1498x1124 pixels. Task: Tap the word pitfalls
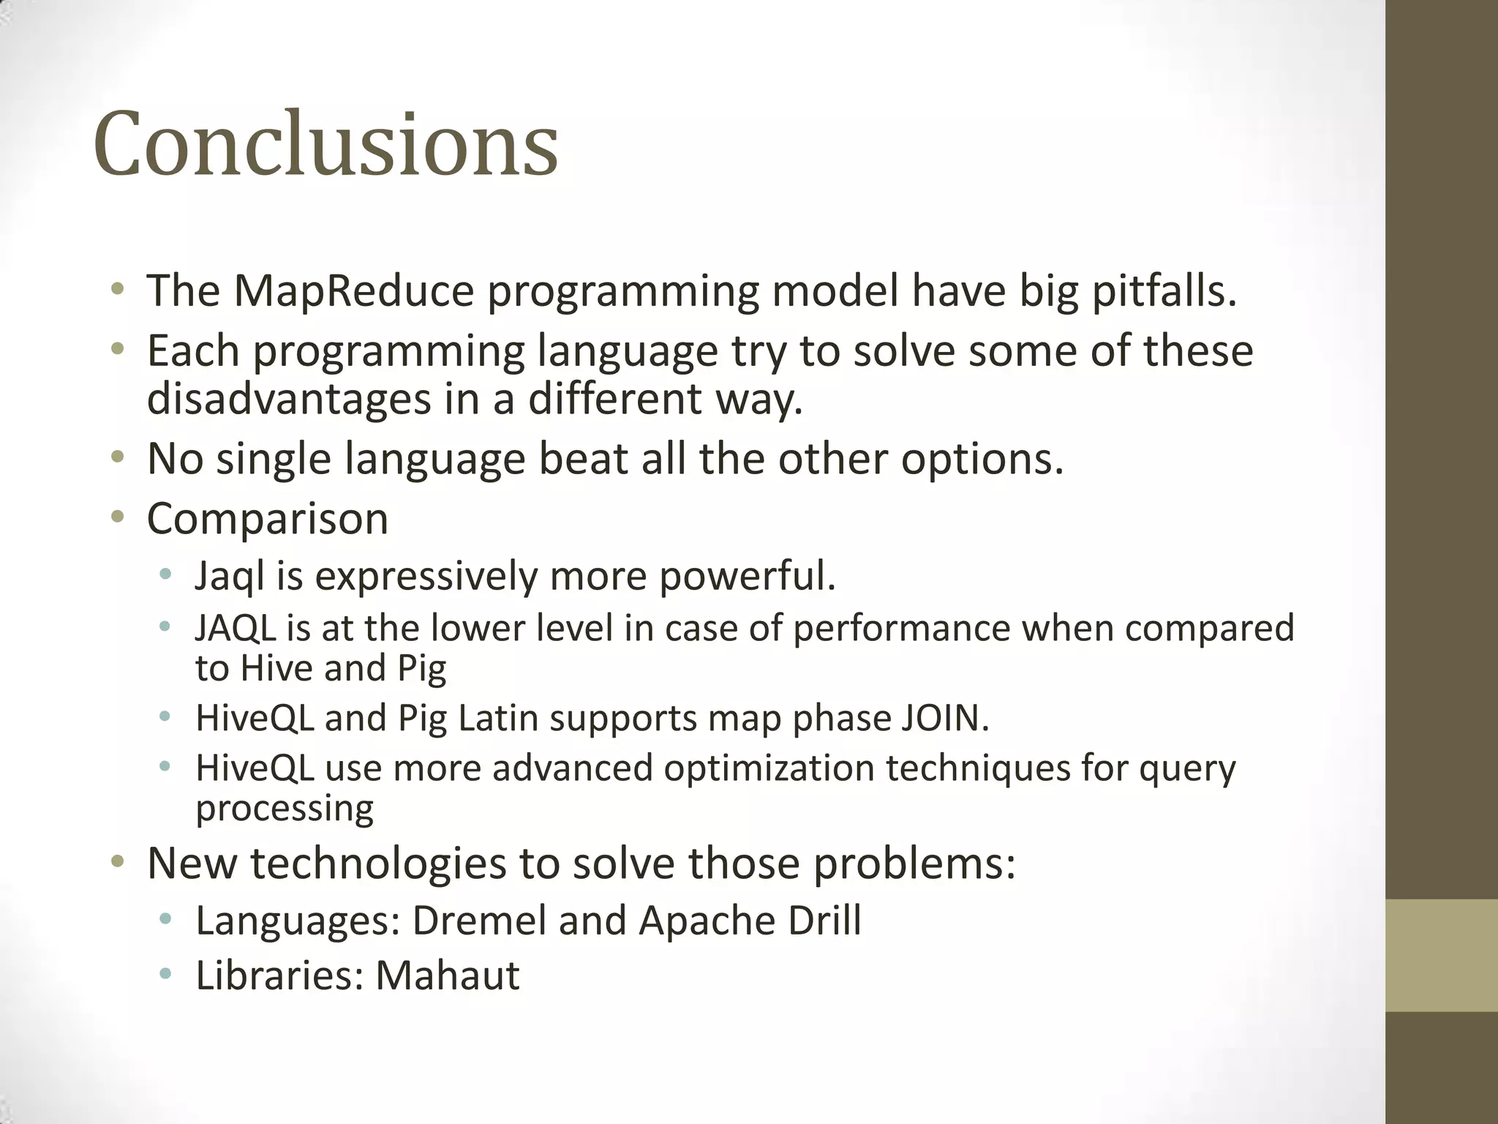point(1164,291)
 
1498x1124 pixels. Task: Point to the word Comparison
point(267,519)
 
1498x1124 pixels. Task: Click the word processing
point(285,809)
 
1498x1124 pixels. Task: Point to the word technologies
point(378,863)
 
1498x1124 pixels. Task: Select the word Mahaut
point(447,975)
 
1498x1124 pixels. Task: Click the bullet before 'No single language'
point(117,459)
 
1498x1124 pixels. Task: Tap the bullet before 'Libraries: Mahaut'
point(166,975)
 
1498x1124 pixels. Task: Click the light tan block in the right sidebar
point(1442,955)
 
